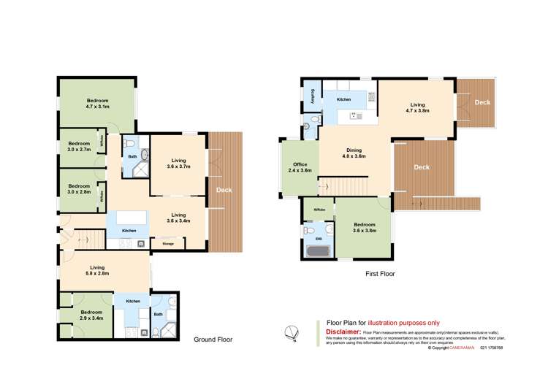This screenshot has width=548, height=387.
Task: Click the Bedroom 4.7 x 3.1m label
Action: (98, 103)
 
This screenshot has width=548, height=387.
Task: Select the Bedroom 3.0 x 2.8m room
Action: (79, 188)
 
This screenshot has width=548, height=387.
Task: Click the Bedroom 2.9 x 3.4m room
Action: (91, 315)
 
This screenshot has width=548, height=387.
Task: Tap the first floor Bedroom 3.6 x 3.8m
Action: (363, 227)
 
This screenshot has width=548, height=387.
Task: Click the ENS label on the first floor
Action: (318, 239)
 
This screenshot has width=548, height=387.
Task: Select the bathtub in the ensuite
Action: (319, 253)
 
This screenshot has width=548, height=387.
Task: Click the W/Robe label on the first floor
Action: (319, 210)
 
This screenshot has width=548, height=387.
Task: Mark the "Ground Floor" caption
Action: (213, 340)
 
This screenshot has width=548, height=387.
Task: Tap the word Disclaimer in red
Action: (343, 332)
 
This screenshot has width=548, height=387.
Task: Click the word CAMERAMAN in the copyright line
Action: (460, 348)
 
